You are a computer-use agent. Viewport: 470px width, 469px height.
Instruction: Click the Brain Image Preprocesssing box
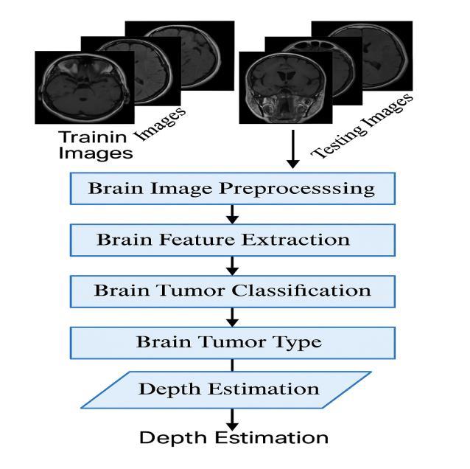232,188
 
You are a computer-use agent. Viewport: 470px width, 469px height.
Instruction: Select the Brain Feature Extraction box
232,240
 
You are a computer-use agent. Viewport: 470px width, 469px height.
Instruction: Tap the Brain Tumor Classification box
232,291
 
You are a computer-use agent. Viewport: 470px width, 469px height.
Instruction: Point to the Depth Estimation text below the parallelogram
234,437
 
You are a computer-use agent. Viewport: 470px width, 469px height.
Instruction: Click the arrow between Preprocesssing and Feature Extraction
233,214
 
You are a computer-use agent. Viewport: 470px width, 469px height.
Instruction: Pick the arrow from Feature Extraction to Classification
233,265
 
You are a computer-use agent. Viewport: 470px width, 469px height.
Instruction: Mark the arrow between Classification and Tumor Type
233,316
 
